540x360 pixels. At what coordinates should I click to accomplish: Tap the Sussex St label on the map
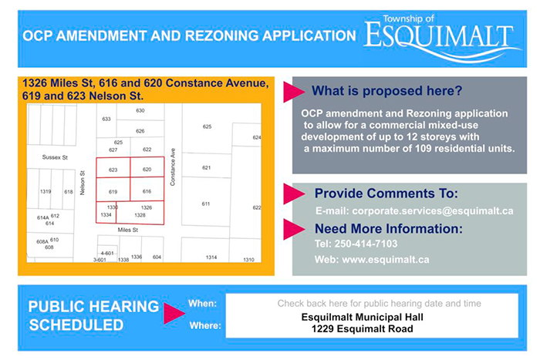(x=55, y=157)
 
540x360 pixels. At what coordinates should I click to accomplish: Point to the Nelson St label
(x=83, y=183)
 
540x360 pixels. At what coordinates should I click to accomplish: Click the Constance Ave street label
(x=173, y=167)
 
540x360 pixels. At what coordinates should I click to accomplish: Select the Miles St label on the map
(x=128, y=230)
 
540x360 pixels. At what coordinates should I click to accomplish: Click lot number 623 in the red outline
(x=113, y=170)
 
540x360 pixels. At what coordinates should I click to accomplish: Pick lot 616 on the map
(x=147, y=191)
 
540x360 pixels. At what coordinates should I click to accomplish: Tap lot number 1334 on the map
(x=106, y=215)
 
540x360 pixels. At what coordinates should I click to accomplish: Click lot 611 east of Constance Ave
(x=206, y=204)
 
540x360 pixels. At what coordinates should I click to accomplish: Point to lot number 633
(x=106, y=119)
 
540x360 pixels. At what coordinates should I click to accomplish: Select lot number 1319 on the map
(x=46, y=191)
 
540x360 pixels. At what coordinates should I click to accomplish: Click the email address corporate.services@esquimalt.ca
(x=433, y=211)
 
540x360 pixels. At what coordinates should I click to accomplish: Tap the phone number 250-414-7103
(x=366, y=244)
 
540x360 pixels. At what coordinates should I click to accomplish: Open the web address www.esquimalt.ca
(x=386, y=260)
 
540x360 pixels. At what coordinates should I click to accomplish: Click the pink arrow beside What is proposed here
(x=294, y=92)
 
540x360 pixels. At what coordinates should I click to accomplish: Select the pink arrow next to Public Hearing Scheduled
(x=174, y=313)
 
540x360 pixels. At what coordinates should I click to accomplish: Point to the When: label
(x=202, y=304)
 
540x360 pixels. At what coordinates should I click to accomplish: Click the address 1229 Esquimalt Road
(x=363, y=329)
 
